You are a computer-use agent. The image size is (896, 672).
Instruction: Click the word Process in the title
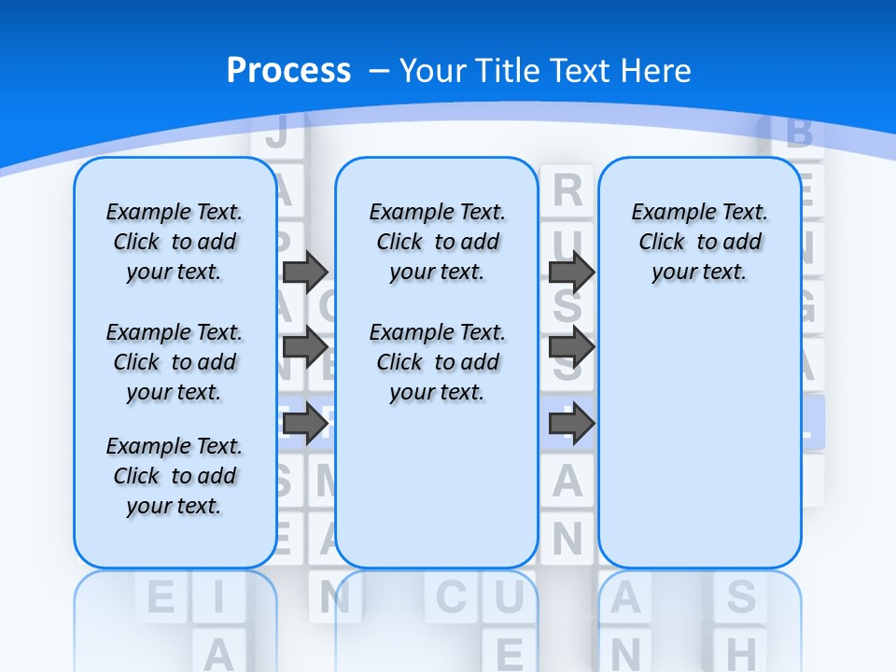click(288, 71)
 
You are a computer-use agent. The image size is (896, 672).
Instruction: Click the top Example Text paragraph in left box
click(175, 242)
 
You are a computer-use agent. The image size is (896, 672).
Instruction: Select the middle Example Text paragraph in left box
click(175, 362)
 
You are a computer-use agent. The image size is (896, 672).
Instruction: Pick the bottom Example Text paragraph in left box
click(175, 476)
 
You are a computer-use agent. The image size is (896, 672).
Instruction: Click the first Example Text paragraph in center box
click(437, 242)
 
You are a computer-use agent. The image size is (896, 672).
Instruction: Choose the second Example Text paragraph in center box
click(437, 362)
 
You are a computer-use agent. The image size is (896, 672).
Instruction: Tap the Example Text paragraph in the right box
click(699, 242)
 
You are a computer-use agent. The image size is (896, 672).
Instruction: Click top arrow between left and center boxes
click(305, 272)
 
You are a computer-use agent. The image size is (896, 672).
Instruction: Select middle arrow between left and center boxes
click(305, 347)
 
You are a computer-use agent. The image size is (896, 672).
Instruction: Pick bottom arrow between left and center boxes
click(305, 424)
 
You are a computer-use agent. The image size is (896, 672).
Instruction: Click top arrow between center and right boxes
click(571, 272)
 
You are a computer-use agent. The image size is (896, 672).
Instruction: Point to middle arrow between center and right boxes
click(571, 347)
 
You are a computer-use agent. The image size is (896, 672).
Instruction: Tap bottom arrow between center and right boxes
click(571, 424)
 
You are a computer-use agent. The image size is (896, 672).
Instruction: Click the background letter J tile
click(276, 133)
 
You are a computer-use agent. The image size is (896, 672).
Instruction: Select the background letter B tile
click(799, 133)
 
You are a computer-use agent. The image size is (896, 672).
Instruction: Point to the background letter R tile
click(567, 190)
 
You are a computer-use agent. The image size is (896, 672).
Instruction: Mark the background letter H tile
click(741, 651)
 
